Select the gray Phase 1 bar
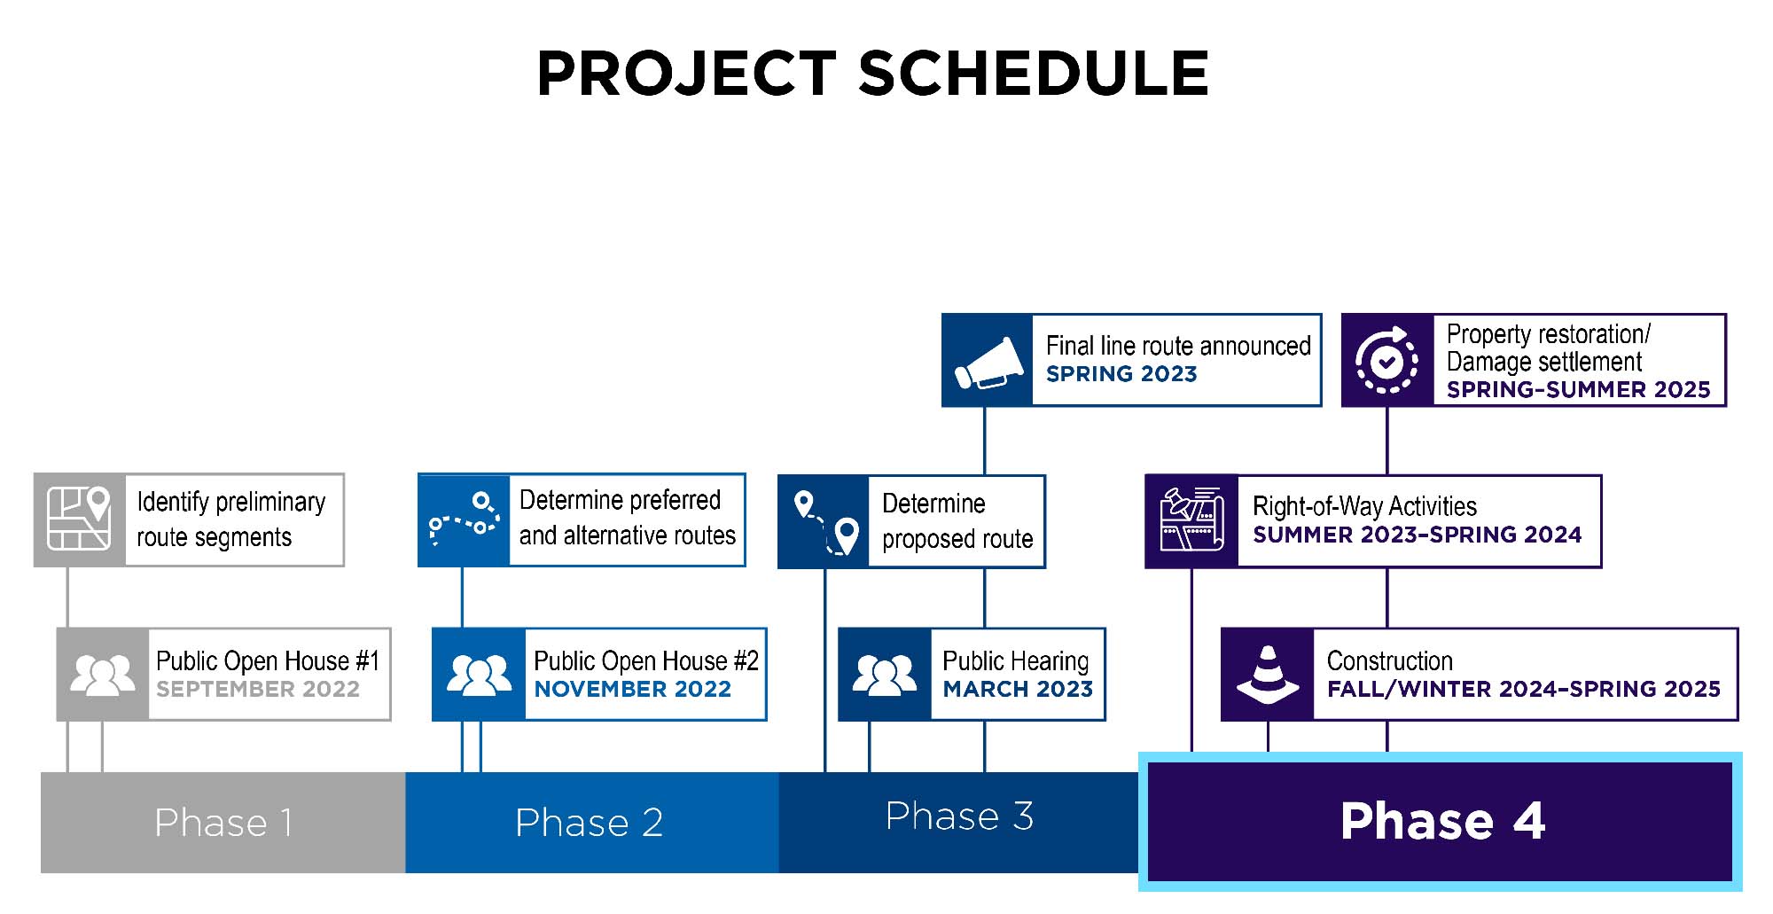[223, 823]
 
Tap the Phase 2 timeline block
[590, 823]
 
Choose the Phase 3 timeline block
[958, 817]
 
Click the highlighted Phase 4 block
[1441, 821]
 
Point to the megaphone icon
[986, 361]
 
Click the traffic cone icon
[1268, 675]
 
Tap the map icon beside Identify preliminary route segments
[79, 519]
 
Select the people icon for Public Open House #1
[103, 675]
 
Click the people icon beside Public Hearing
[884, 675]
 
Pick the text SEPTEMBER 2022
[258, 690]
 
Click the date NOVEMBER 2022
[632, 690]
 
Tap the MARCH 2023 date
[1018, 690]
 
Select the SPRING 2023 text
[1121, 374]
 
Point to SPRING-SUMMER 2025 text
[1578, 390]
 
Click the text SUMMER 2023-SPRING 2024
[1417, 535]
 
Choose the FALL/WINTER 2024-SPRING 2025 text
[1523, 690]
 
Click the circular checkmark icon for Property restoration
[1387, 361]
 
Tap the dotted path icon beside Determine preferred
[464, 519]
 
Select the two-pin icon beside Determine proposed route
[825, 521]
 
